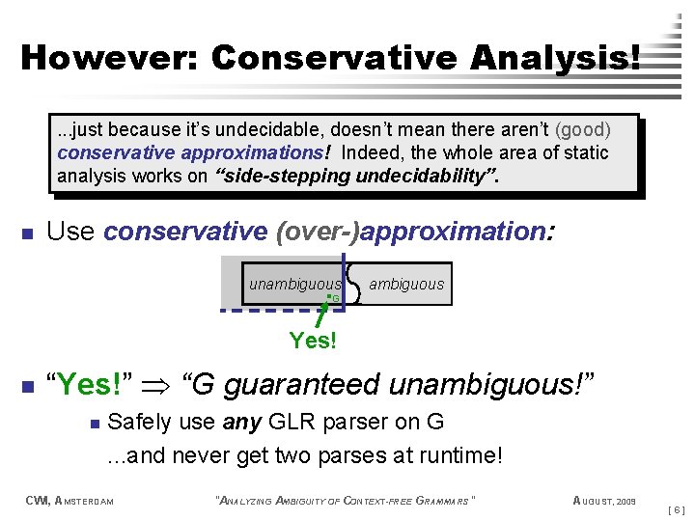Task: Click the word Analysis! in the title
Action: tap(555, 57)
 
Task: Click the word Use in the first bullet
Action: tap(70, 232)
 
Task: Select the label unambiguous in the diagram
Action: tap(294, 284)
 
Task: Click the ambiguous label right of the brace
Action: tap(406, 284)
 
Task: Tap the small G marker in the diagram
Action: tap(334, 299)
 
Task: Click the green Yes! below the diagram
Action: tap(313, 340)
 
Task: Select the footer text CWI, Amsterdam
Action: tap(69, 500)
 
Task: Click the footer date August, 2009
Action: tap(605, 500)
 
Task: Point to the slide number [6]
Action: tap(676, 507)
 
